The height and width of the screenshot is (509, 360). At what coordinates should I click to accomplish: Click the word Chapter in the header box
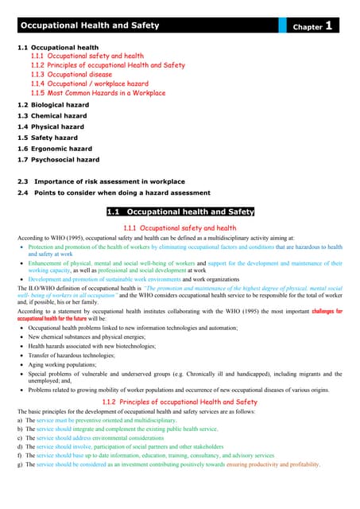point(308,27)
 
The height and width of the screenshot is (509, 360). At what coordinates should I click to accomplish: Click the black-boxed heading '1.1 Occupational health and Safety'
point(180,212)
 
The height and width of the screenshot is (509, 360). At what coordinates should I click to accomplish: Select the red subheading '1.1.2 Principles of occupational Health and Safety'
point(179,403)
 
